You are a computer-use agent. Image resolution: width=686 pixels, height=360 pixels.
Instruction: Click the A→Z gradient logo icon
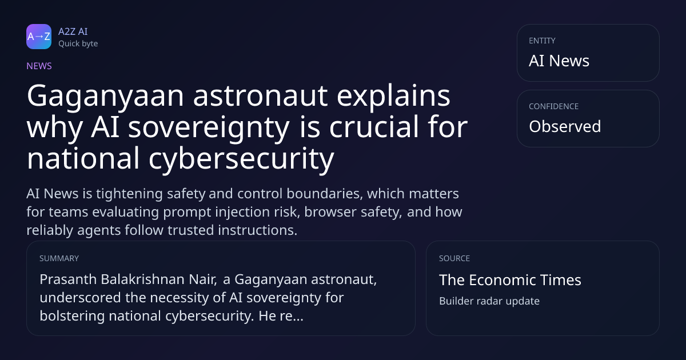pos(39,37)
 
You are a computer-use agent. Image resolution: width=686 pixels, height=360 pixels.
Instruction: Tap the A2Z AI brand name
pos(73,31)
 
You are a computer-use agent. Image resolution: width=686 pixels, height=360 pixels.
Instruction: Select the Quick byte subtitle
pos(78,44)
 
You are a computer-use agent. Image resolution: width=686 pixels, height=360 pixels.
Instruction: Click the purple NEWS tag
pos(39,66)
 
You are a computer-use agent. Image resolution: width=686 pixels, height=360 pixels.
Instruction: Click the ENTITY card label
pos(542,41)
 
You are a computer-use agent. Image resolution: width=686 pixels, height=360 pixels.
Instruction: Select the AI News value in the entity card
pos(559,61)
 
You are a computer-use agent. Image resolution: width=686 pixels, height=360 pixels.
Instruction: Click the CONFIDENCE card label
pos(554,106)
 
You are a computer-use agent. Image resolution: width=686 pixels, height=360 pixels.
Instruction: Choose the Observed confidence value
pos(565,126)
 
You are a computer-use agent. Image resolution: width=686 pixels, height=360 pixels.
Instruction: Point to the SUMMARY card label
pos(59,258)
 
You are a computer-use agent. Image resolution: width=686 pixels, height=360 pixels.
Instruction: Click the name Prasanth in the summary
pos(68,279)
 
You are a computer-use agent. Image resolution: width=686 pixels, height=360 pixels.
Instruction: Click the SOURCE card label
pos(454,258)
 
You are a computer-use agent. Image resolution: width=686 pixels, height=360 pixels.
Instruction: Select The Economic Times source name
pos(510,280)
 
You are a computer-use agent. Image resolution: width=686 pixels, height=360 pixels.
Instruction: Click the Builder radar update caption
pos(489,301)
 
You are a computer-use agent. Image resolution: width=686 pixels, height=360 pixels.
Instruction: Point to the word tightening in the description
pos(130,194)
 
